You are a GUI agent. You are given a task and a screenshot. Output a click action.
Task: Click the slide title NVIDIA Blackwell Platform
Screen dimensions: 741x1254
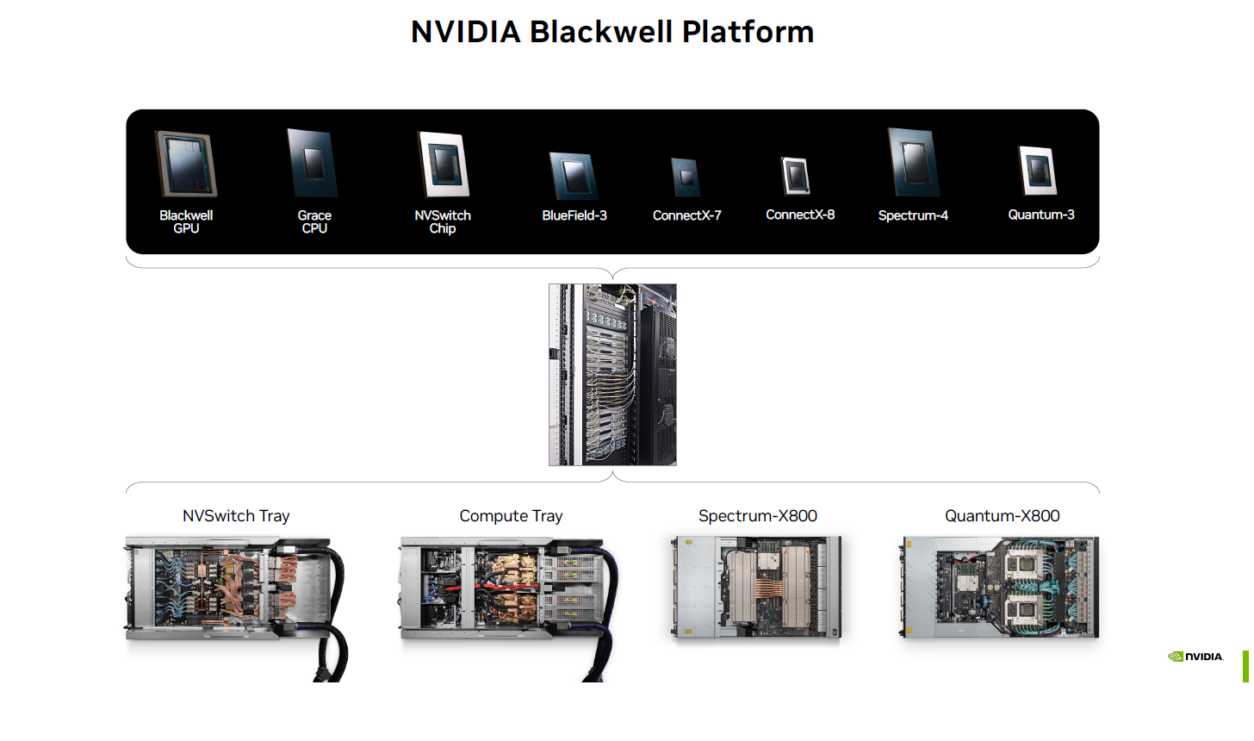point(612,32)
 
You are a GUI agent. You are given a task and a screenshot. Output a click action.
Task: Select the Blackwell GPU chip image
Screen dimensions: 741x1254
point(186,164)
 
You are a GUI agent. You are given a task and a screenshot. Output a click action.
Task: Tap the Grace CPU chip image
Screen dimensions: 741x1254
point(313,163)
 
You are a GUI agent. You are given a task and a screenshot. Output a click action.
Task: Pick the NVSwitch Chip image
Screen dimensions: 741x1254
point(443,165)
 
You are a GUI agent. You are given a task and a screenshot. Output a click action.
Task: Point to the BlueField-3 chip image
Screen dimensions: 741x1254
point(574,176)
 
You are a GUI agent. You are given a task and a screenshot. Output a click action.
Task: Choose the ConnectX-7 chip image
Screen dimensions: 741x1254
point(686,177)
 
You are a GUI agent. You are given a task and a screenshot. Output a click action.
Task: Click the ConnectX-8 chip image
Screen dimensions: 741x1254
point(796,176)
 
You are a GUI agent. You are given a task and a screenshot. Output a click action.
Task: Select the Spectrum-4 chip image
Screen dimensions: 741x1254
point(913,163)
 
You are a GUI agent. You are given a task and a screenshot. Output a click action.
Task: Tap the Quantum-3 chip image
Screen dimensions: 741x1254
point(1038,171)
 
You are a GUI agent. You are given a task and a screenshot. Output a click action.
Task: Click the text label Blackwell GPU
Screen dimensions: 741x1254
point(186,221)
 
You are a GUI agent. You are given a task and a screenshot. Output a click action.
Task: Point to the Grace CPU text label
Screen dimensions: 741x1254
point(314,221)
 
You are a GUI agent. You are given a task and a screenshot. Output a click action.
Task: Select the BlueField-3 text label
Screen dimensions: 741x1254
point(574,215)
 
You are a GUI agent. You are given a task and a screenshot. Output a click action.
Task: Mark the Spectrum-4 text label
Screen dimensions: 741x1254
point(913,215)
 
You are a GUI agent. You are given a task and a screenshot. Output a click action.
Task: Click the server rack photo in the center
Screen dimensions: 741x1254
point(612,375)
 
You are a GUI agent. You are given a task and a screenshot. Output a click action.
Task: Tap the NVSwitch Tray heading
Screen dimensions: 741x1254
point(236,516)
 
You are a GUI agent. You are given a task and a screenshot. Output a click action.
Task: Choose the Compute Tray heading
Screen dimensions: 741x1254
point(511,516)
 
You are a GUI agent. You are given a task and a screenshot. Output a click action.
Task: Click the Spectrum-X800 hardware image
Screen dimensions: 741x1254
point(756,588)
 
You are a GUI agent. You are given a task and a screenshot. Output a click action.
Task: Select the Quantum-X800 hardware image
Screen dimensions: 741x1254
point(1000,588)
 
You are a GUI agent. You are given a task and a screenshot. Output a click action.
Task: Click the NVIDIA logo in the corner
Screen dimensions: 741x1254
point(1195,657)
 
